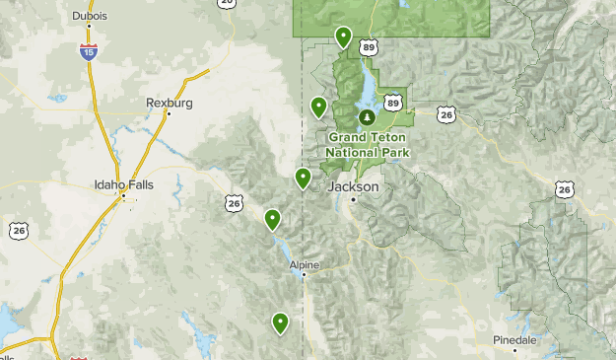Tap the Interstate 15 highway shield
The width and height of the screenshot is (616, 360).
pyautogui.click(x=89, y=52)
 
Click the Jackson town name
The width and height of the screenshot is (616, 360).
pyautogui.click(x=353, y=185)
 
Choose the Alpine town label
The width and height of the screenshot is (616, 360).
pyautogui.click(x=305, y=264)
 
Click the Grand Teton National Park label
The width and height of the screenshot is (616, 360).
pyautogui.click(x=367, y=145)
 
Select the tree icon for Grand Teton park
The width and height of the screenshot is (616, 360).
pyautogui.click(x=367, y=118)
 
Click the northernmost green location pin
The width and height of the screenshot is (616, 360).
pyautogui.click(x=343, y=37)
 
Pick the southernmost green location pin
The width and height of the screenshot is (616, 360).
pyautogui.click(x=281, y=322)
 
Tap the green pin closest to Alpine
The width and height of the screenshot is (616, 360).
pyautogui.click(x=272, y=219)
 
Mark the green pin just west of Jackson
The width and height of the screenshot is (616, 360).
pyautogui.click(x=304, y=179)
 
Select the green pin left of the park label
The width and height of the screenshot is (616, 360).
pyautogui.click(x=318, y=108)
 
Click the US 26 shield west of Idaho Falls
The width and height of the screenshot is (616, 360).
pyautogui.click(x=19, y=230)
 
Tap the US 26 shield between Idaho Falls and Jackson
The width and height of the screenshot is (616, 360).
pyautogui.click(x=233, y=203)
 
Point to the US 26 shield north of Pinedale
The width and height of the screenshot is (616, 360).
pyautogui.click(x=564, y=188)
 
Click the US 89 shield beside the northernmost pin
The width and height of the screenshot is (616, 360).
pyautogui.click(x=368, y=46)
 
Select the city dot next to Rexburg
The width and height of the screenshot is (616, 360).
pyautogui.click(x=169, y=113)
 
